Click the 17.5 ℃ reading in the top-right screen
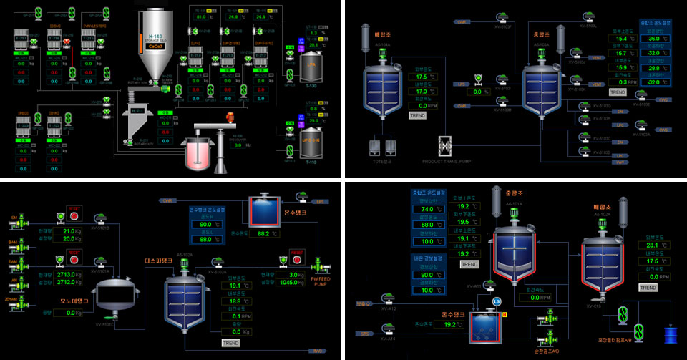tap(422, 77)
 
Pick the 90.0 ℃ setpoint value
tap(207, 224)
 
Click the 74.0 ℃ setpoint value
tap(424, 209)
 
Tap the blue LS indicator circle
tap(496, 301)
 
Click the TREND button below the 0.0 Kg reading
tap(230, 343)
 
